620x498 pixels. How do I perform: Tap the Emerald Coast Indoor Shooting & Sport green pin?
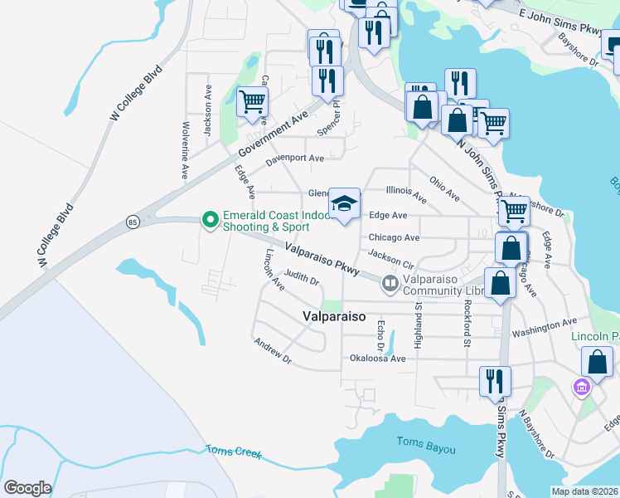coord(211,220)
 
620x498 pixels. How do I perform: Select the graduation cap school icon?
coord(345,203)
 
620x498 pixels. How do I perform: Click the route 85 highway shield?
coord(133,222)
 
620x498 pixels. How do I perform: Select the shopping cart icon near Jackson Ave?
coord(252,103)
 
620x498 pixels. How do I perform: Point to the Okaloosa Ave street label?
coord(377,359)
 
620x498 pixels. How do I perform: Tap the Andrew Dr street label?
coord(274,351)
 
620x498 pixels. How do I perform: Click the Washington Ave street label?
coord(544,327)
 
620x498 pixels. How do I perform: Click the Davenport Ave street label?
coord(295,158)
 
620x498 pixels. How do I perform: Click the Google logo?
coord(28,488)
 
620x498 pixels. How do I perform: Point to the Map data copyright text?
coord(584,491)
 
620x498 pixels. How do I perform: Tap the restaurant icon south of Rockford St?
coord(495,382)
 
